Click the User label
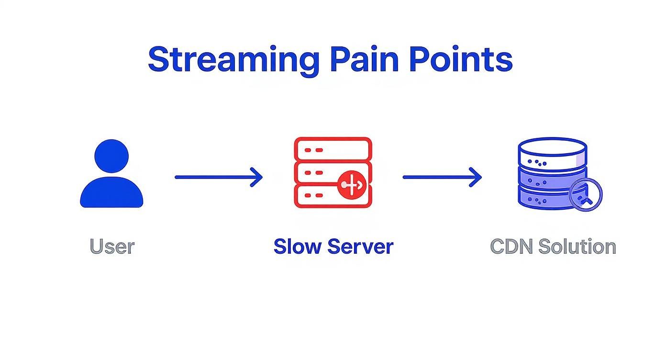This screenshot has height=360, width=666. (112, 247)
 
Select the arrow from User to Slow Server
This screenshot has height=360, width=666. (218, 177)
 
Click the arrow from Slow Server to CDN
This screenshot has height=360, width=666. (442, 177)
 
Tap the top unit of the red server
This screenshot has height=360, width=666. (333, 149)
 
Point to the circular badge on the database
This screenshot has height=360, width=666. (586, 194)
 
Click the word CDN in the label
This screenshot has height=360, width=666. (511, 247)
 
